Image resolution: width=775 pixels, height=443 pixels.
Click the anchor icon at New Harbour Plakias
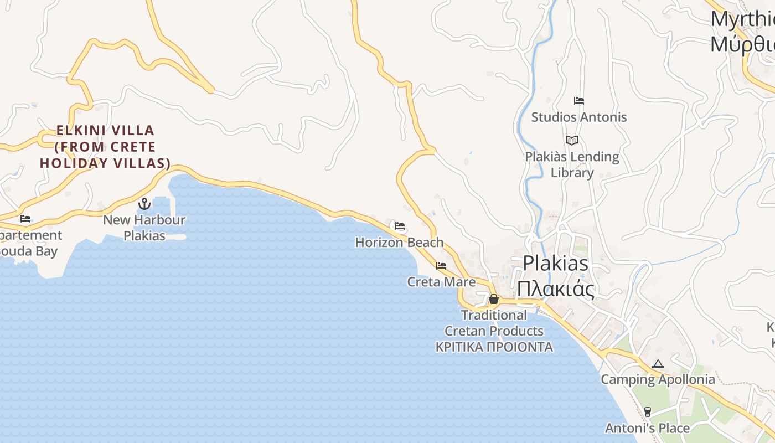click(x=144, y=204)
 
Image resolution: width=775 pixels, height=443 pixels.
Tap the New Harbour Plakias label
click(x=144, y=228)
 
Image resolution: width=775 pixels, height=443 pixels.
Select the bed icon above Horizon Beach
click(x=400, y=226)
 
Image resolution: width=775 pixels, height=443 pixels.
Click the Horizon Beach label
click(x=399, y=243)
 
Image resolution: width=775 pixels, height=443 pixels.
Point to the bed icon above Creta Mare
click(x=441, y=266)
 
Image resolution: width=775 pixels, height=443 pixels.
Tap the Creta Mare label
click(x=441, y=282)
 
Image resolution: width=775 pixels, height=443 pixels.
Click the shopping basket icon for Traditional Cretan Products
click(x=494, y=300)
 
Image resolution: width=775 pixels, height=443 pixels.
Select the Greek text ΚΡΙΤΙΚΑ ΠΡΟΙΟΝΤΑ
click(x=494, y=347)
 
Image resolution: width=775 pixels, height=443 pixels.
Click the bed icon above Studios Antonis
click(x=579, y=101)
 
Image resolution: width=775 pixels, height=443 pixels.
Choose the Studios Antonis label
click(x=579, y=117)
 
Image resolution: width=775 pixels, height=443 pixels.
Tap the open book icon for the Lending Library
click(x=572, y=141)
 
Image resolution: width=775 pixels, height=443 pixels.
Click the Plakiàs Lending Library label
click(x=572, y=164)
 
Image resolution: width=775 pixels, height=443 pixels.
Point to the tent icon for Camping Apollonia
click(x=658, y=364)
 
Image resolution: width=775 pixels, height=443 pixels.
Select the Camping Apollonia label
click(x=658, y=380)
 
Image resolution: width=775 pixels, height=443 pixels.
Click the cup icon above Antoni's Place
click(x=647, y=411)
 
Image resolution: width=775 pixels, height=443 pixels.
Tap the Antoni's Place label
click(x=647, y=429)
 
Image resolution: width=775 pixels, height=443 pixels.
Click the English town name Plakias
click(x=555, y=262)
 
